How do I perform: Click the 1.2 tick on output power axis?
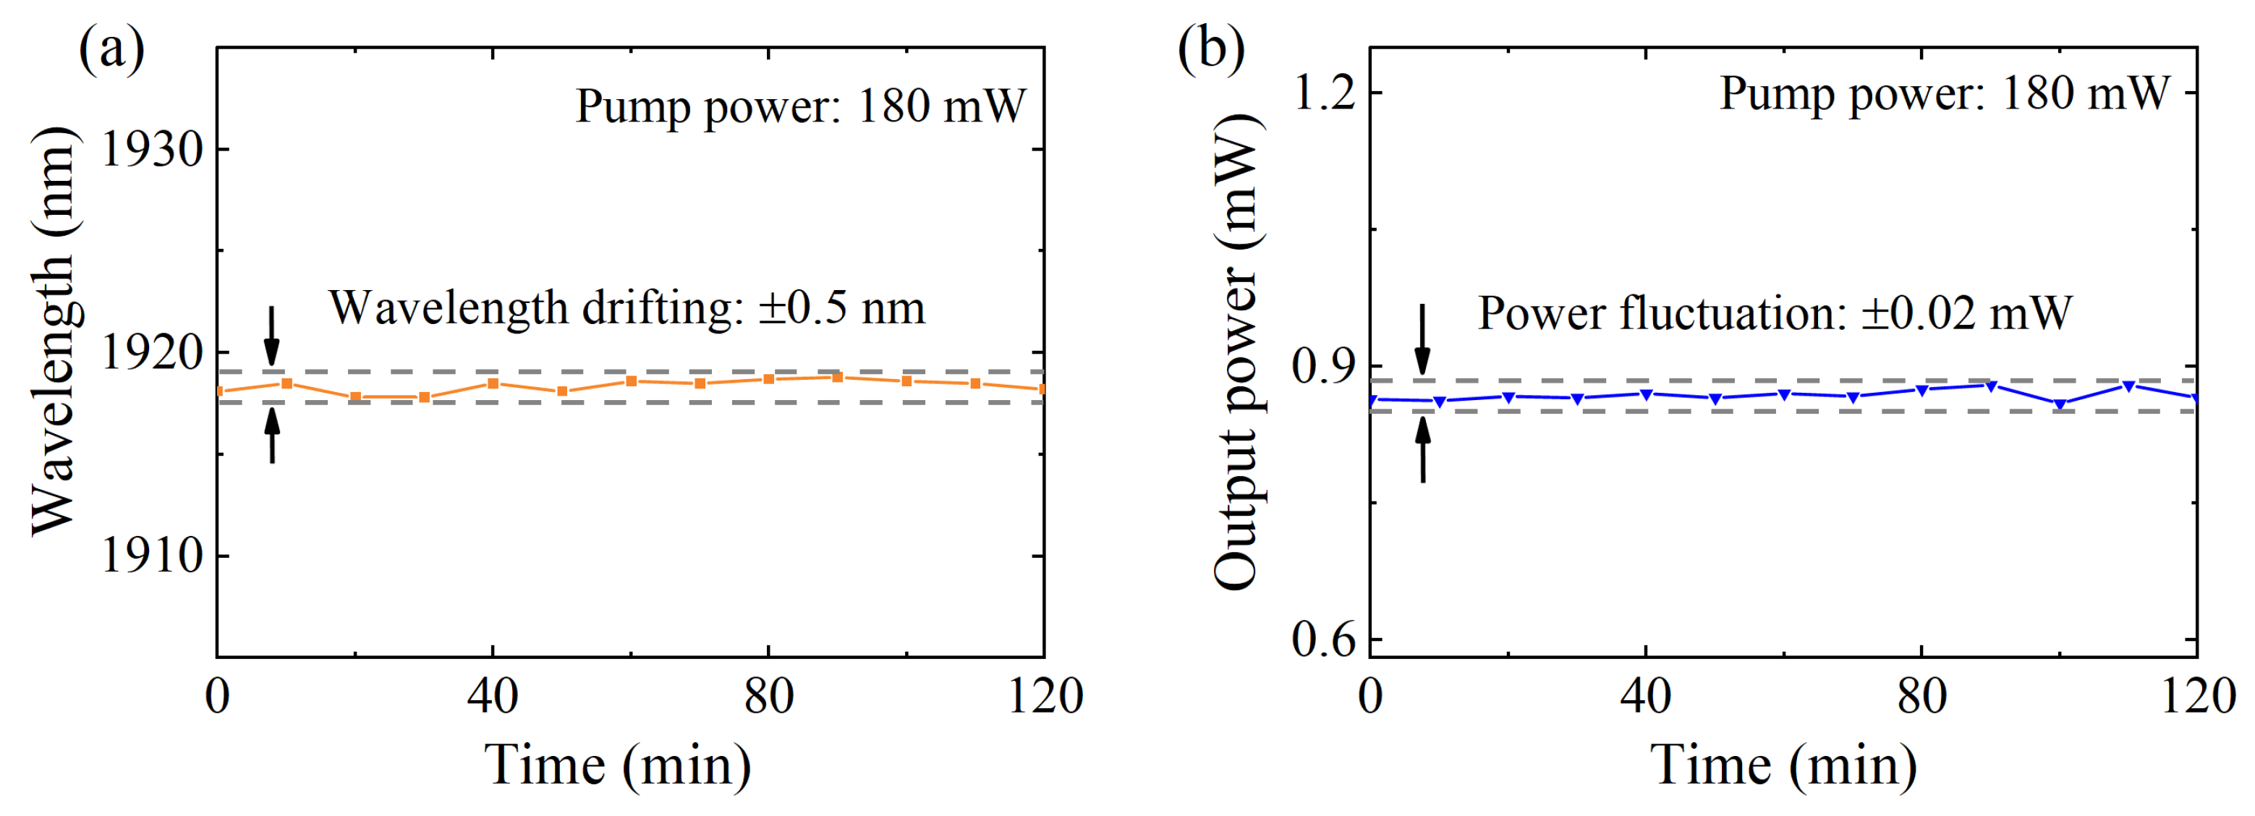1324,93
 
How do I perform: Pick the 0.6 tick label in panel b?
1324,640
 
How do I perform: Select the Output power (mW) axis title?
1236,352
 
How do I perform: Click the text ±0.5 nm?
841,308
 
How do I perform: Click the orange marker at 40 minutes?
493,383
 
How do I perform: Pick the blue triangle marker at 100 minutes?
2060,404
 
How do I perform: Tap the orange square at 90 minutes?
838,378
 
